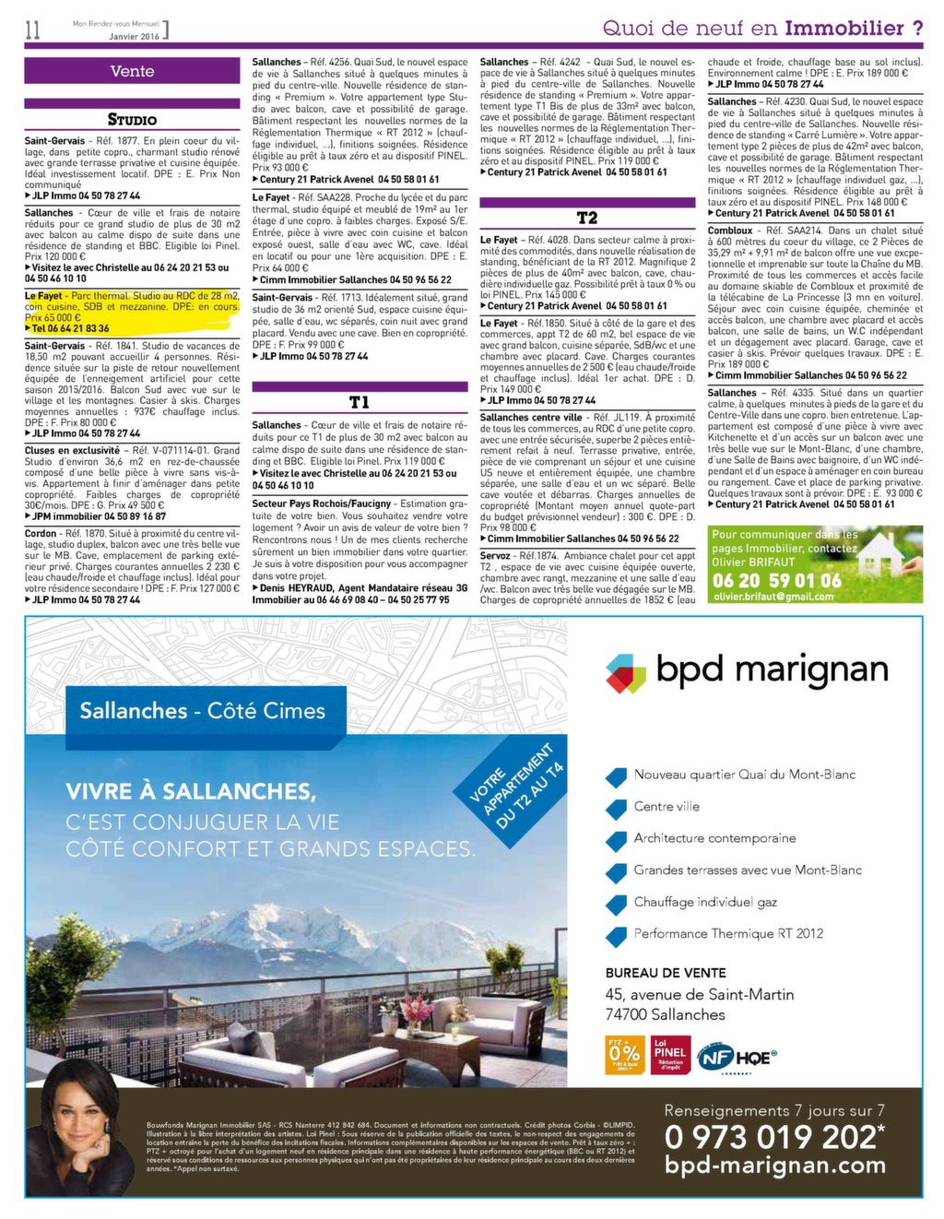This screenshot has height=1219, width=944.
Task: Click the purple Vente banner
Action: click(132, 71)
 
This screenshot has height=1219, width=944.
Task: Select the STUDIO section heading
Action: click(132, 119)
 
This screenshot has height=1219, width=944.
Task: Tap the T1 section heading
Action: click(360, 402)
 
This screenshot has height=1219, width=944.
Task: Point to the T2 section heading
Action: click(587, 218)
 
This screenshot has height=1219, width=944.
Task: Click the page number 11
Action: click(33, 30)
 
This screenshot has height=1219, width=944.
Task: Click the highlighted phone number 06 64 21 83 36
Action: click(70, 328)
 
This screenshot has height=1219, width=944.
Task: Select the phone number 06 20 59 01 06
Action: click(776, 581)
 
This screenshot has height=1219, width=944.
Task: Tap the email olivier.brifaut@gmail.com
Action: click(773, 597)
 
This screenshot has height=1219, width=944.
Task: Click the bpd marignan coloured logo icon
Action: click(626, 673)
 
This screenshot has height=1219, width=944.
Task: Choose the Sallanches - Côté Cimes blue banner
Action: click(202, 711)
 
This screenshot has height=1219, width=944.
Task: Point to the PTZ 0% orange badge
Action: click(624, 1054)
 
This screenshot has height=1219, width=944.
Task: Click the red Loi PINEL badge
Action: click(670, 1054)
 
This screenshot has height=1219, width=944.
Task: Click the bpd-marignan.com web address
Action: click(774, 1166)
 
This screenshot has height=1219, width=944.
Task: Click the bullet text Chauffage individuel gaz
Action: click(705, 902)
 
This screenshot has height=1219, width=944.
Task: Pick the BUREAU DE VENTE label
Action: click(666, 973)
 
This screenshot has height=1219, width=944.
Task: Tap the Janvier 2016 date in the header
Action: click(135, 36)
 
